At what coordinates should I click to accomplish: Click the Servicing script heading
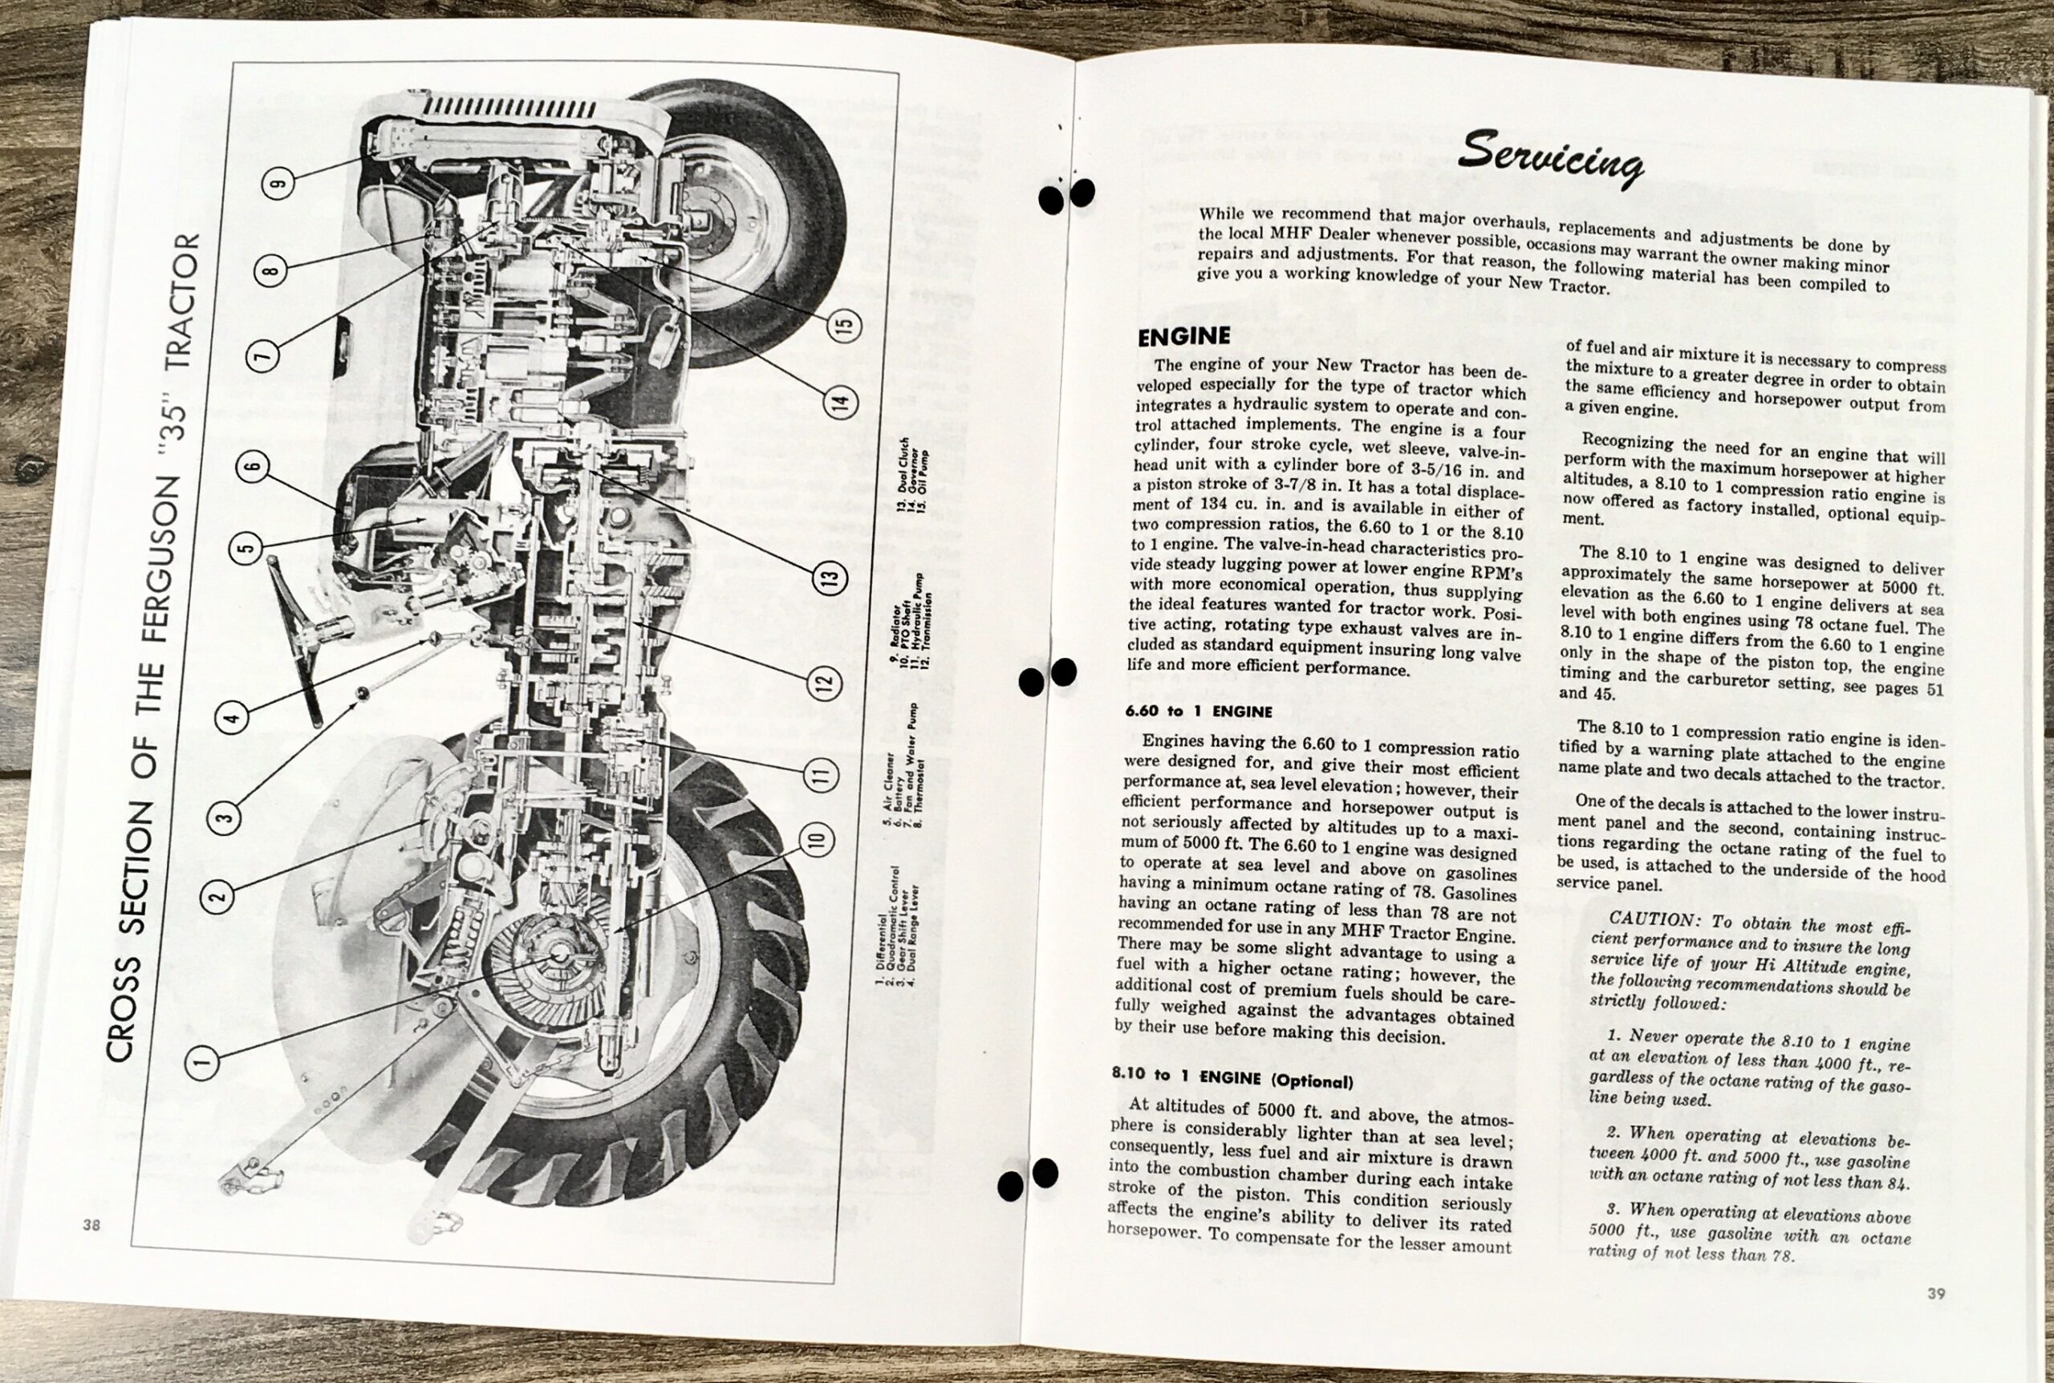pyautogui.click(x=1549, y=158)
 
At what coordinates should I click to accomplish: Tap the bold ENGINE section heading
pyautogui.click(x=1183, y=336)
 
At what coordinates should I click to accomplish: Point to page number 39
pyautogui.click(x=1936, y=1293)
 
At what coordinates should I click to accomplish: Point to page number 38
pyautogui.click(x=91, y=1224)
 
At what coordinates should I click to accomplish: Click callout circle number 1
pyautogui.click(x=202, y=1062)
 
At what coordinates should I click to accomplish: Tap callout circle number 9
pyautogui.click(x=278, y=183)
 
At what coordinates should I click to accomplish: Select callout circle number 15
pyautogui.click(x=843, y=326)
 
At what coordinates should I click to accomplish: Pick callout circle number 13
pyautogui.click(x=828, y=578)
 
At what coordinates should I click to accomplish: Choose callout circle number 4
pyautogui.click(x=232, y=716)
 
